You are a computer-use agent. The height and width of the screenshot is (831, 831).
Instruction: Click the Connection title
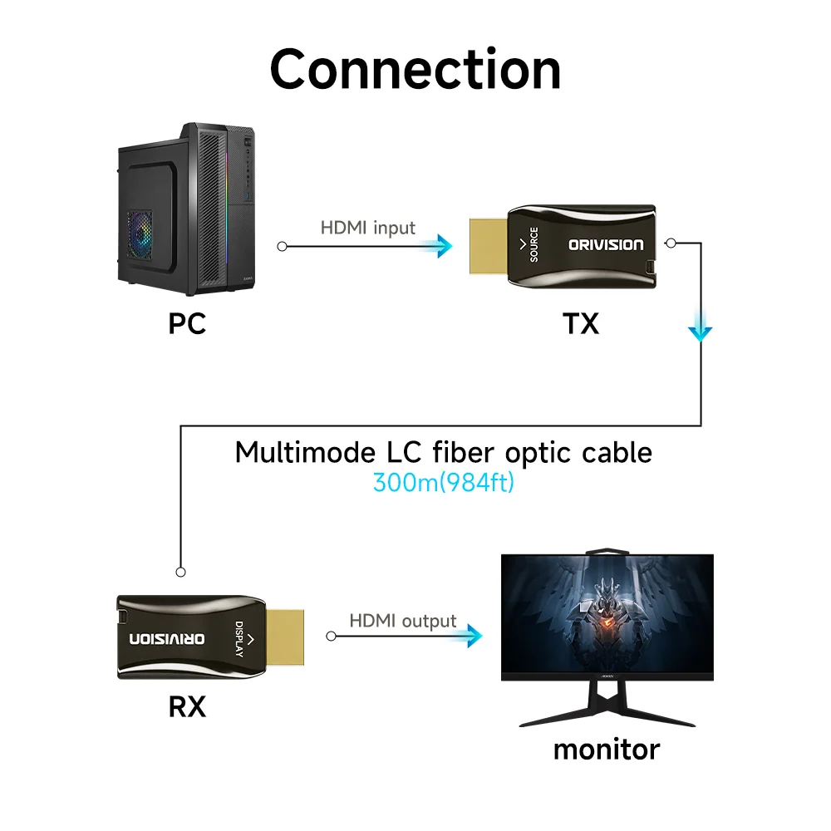click(415, 69)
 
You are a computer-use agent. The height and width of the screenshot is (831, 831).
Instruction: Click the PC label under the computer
click(187, 322)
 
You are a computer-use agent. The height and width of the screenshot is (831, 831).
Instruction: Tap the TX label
click(581, 322)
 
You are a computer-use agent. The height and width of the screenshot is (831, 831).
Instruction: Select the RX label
click(187, 707)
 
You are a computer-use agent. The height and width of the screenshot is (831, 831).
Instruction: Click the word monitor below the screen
click(606, 749)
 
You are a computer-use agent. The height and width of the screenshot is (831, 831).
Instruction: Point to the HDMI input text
click(367, 228)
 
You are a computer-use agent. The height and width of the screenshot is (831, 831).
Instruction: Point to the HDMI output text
click(402, 621)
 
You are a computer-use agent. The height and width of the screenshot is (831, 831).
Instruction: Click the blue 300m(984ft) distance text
click(443, 482)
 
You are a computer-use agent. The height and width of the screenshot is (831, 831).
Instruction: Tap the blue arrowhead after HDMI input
click(442, 245)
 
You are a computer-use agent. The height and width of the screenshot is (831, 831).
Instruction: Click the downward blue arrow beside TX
click(701, 331)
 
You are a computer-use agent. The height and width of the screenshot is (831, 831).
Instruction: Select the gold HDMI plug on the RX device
click(287, 638)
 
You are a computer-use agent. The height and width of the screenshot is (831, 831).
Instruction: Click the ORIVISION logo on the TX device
click(605, 244)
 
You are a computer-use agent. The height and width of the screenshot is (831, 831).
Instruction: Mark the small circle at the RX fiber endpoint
click(181, 572)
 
